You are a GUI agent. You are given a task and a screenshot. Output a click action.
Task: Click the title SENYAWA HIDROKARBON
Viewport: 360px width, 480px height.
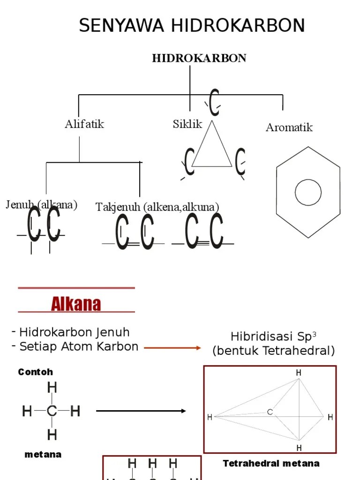[192, 25]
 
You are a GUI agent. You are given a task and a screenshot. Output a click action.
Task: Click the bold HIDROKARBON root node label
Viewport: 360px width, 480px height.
[199, 58]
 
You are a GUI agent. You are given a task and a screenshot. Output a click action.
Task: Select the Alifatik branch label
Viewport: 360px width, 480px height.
[84, 124]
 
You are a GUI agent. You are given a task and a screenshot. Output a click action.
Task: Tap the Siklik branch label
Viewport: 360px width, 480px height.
[187, 124]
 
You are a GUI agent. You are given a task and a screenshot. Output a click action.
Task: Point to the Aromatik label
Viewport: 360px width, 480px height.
[289, 127]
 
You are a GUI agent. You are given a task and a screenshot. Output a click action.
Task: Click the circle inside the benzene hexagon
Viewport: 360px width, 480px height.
[308, 192]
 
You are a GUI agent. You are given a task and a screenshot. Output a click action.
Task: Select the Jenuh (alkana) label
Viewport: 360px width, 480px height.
[42, 205]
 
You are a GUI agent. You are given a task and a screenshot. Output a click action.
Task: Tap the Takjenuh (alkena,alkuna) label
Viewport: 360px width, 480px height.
[157, 207]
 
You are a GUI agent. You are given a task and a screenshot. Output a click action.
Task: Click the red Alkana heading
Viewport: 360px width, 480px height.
[76, 304]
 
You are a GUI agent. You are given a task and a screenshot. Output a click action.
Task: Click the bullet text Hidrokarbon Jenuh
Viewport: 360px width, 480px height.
[74, 332]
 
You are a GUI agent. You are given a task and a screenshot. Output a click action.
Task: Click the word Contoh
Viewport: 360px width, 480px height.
[36, 372]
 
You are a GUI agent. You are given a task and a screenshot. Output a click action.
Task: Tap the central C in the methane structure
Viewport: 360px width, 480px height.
[52, 412]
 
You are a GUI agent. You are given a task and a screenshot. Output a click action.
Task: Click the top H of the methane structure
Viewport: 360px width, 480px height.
[52, 388]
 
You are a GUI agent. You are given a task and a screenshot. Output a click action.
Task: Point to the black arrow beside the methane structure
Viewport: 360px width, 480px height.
[141, 411]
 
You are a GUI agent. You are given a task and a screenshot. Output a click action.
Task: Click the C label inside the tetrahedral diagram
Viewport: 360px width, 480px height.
[270, 412]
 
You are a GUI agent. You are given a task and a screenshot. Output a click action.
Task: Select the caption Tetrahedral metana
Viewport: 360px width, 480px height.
[271, 464]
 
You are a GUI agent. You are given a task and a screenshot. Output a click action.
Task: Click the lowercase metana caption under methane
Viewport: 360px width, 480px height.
[43, 455]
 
